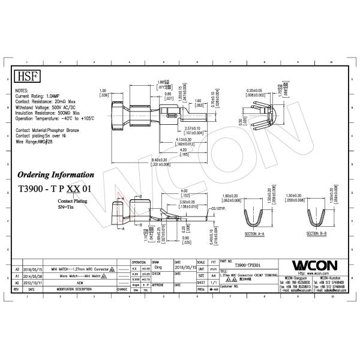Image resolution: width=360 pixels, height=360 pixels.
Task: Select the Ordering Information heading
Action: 55,175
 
